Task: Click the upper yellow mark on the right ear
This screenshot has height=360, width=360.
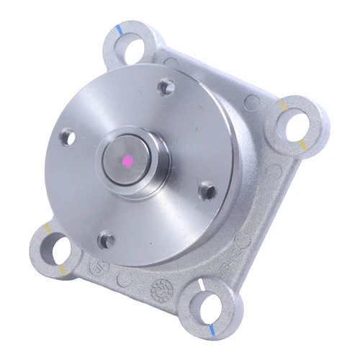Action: point(284,105)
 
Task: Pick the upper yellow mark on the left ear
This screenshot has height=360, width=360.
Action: point(48,228)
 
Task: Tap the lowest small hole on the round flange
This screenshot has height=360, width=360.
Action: point(107,239)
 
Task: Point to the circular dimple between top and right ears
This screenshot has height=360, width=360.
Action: point(251,103)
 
